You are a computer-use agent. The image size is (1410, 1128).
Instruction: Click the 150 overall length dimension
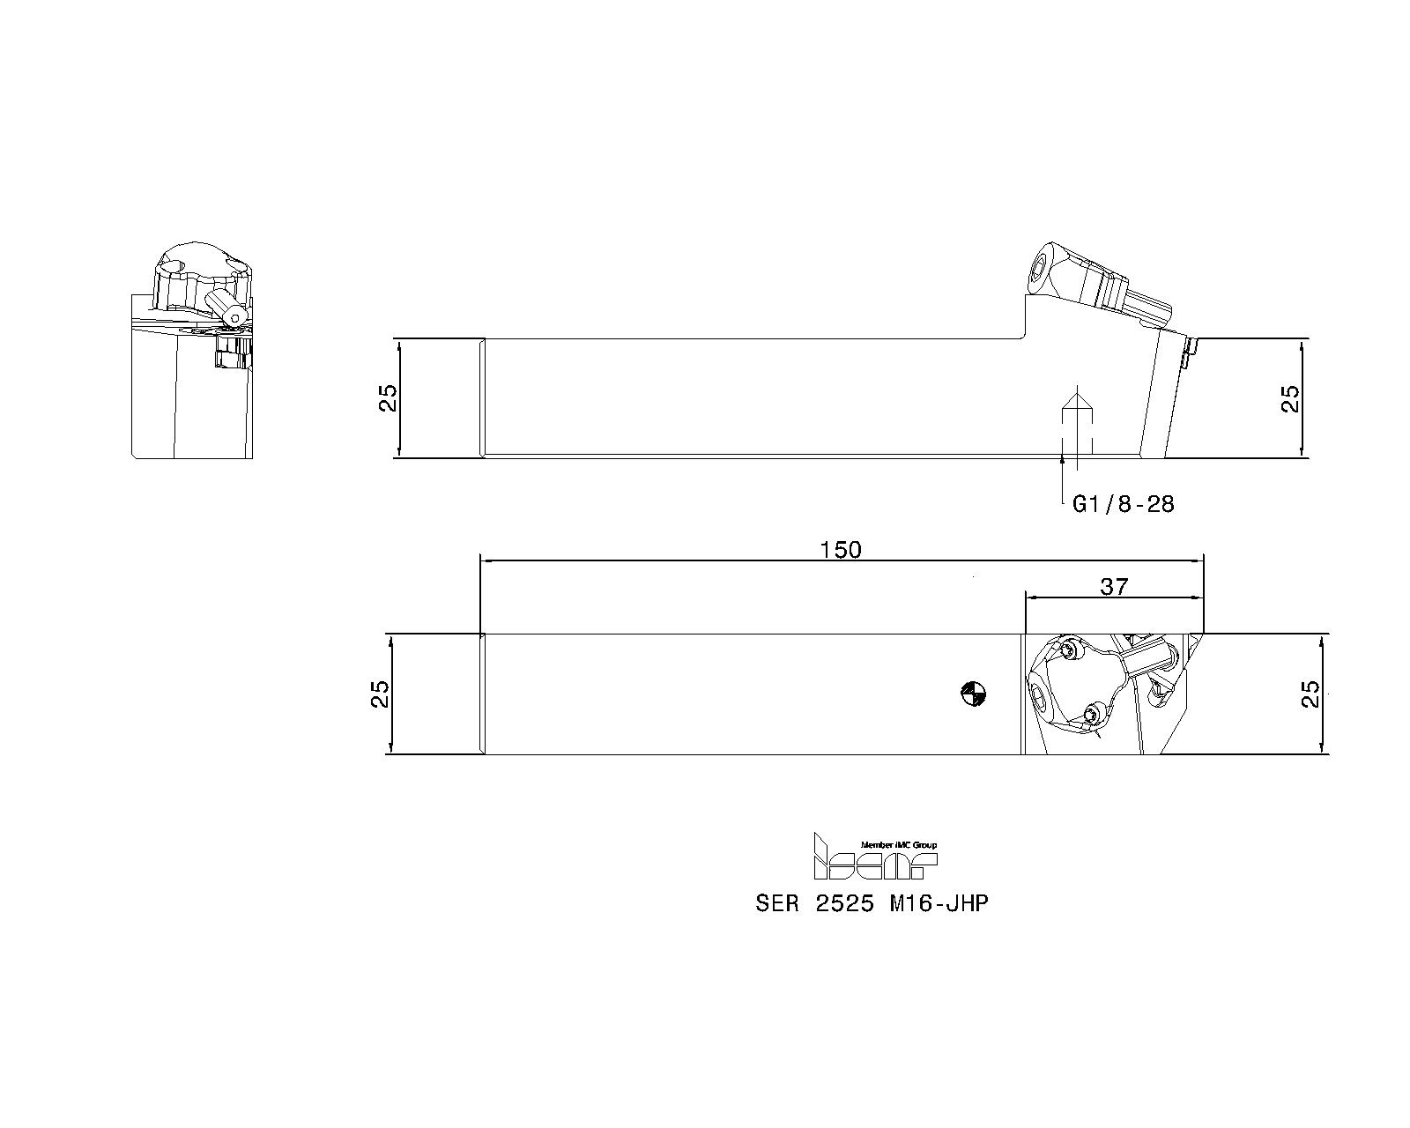(840, 550)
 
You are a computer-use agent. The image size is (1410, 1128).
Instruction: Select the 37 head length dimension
(1114, 586)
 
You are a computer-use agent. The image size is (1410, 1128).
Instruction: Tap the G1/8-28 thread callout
(1123, 504)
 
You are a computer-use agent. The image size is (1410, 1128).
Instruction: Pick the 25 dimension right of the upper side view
(1289, 398)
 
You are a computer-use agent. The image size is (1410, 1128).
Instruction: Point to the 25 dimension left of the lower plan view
(380, 694)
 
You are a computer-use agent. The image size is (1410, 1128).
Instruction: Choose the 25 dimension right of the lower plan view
(1310, 694)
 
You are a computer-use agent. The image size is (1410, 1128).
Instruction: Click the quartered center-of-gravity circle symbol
(973, 694)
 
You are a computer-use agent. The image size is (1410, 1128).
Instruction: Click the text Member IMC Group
(898, 844)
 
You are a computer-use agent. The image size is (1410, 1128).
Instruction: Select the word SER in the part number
(775, 904)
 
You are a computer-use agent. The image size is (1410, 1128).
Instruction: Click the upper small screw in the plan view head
(1070, 649)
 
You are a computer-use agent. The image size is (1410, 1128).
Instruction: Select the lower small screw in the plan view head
(1095, 712)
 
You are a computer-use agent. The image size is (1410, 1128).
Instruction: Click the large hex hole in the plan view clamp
(1042, 698)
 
